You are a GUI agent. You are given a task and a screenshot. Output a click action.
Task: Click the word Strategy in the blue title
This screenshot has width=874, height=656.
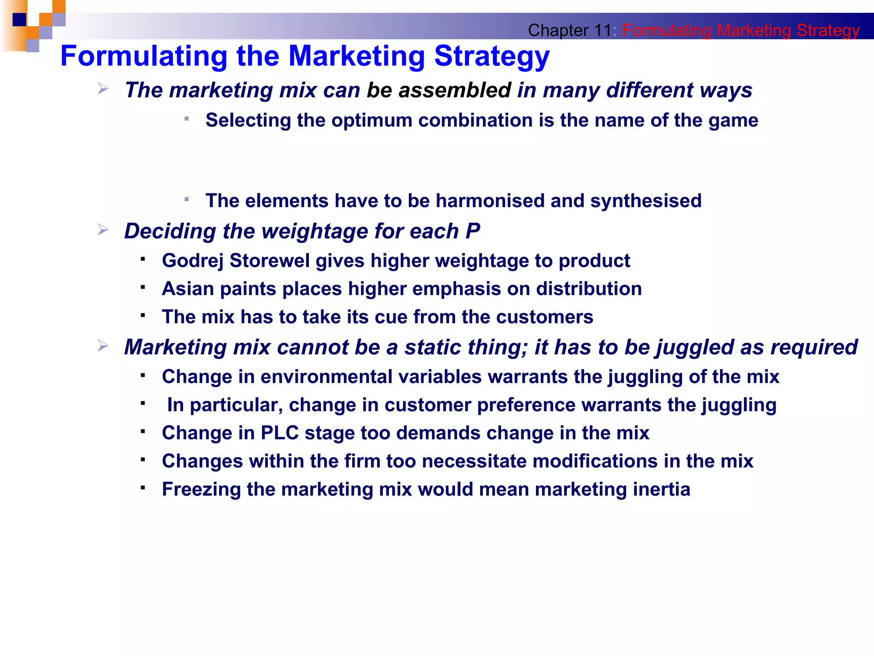[492, 56]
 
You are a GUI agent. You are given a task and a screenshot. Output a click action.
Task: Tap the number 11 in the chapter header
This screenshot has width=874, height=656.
[603, 30]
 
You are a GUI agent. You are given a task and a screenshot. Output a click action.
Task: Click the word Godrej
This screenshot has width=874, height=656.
[192, 261]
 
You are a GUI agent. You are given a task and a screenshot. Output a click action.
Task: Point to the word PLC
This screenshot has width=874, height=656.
[280, 433]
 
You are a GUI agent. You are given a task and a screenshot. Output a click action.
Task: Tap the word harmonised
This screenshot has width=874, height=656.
[489, 201]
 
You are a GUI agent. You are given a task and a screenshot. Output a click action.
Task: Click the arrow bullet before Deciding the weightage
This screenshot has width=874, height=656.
[103, 230]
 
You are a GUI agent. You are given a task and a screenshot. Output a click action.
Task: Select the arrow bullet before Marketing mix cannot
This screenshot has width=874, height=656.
[103, 346]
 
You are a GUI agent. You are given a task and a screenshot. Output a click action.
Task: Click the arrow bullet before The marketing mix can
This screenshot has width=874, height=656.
[103, 89]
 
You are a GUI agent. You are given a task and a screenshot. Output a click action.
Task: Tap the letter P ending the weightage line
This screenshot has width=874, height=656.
[472, 231]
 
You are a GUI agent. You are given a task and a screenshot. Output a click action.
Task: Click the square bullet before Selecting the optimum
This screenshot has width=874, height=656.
[186, 119]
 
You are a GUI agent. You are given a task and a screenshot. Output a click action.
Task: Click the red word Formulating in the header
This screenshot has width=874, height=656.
[666, 30]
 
